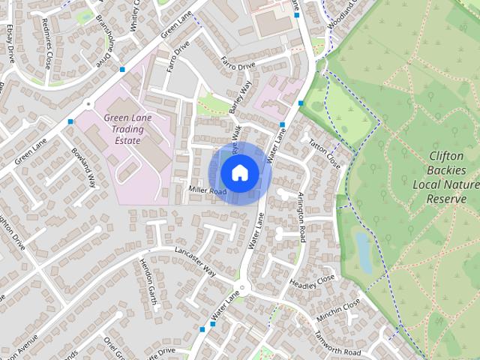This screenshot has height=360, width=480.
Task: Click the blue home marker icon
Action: (x=239, y=173)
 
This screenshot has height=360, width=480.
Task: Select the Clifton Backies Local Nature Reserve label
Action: (x=451, y=177)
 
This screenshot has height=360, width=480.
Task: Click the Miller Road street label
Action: (x=208, y=192)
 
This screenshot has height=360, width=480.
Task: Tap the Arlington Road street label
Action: (x=301, y=216)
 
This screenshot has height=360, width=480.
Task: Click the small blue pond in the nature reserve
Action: (x=363, y=252)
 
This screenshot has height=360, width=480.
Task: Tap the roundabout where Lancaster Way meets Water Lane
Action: (x=244, y=286)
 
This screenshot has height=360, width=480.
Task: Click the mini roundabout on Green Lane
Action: (x=88, y=104)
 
